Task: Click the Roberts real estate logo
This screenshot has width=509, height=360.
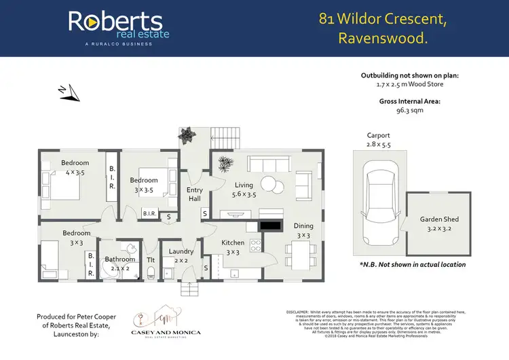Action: point(118,28)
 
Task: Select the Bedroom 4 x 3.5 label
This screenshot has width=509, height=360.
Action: point(75,168)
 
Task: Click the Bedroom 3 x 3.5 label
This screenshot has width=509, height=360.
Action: point(144,185)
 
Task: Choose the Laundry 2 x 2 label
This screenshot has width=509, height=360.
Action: point(181,256)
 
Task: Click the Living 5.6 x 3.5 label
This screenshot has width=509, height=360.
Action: point(244,190)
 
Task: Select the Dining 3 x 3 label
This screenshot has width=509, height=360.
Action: point(303,231)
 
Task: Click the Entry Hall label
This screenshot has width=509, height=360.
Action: point(195,195)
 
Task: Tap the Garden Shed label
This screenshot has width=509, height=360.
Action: point(440,224)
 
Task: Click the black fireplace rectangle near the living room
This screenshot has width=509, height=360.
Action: point(271,225)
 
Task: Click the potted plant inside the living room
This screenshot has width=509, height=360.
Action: point(226,163)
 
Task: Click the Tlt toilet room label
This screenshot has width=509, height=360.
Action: point(151,260)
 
